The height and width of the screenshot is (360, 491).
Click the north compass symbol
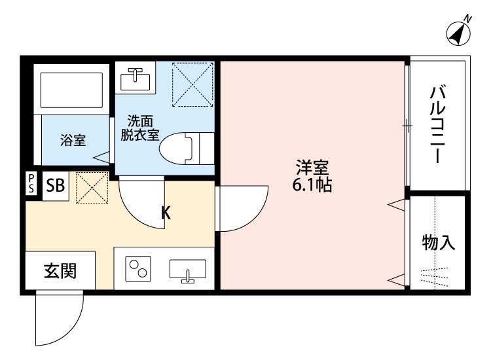point(460,32)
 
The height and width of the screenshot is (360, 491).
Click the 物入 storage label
point(438,243)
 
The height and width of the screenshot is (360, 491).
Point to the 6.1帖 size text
point(312,185)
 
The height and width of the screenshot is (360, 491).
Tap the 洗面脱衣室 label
point(139,128)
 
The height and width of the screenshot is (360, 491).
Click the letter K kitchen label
point(166,212)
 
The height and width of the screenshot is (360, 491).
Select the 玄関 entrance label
point(60,271)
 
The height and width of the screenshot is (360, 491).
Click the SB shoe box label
point(56,186)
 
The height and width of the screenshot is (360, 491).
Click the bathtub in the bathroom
point(72,91)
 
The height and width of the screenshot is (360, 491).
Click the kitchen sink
point(188,270)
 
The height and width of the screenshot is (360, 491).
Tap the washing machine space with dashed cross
point(192,84)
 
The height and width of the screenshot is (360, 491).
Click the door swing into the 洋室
point(242,208)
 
